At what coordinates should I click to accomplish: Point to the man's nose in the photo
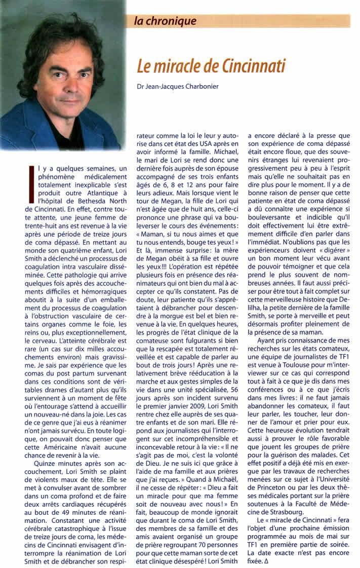point(59,71)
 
